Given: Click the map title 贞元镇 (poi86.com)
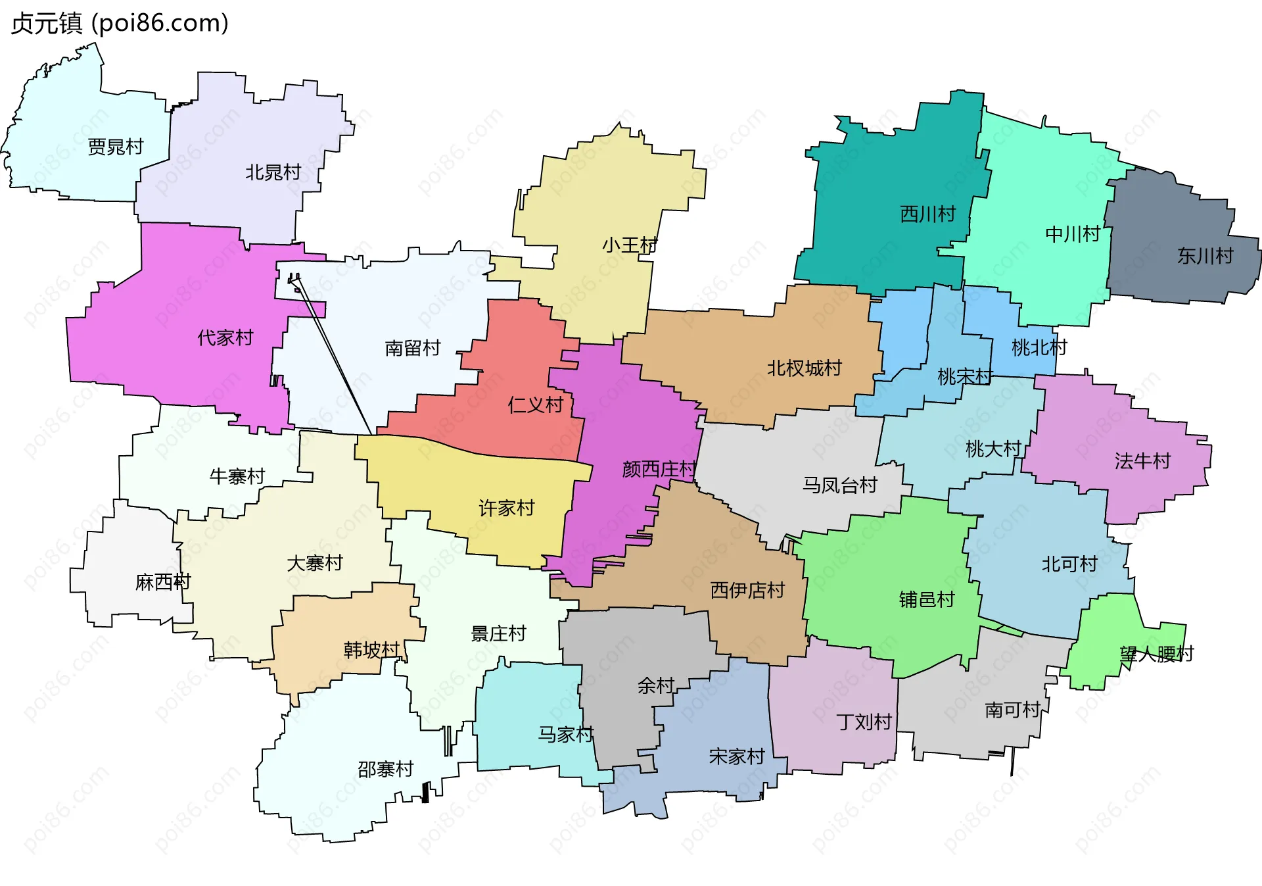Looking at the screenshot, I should click(120, 23).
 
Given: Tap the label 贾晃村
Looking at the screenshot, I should click(116, 146).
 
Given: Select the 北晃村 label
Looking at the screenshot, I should click(273, 172).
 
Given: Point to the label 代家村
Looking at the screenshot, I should click(225, 337).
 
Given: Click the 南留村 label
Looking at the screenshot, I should click(413, 348).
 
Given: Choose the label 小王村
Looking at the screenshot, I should click(630, 245).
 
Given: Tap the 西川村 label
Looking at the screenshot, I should click(927, 214).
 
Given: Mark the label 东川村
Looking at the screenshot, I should click(1205, 256).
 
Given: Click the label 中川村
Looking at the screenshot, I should click(1073, 234).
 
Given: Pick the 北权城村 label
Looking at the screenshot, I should click(805, 368).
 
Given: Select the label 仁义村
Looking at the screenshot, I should click(536, 405).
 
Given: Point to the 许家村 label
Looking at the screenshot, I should click(507, 508).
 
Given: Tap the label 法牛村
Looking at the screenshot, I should click(1142, 461).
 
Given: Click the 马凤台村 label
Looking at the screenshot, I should click(840, 485).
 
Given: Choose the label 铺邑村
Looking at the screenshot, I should click(927, 599).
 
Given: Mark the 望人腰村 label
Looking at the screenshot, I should click(1157, 654).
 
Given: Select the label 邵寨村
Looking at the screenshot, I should click(386, 769).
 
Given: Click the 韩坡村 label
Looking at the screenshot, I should click(372, 650).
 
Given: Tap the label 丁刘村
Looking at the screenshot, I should click(864, 722).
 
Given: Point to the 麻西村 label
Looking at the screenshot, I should click(163, 582).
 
